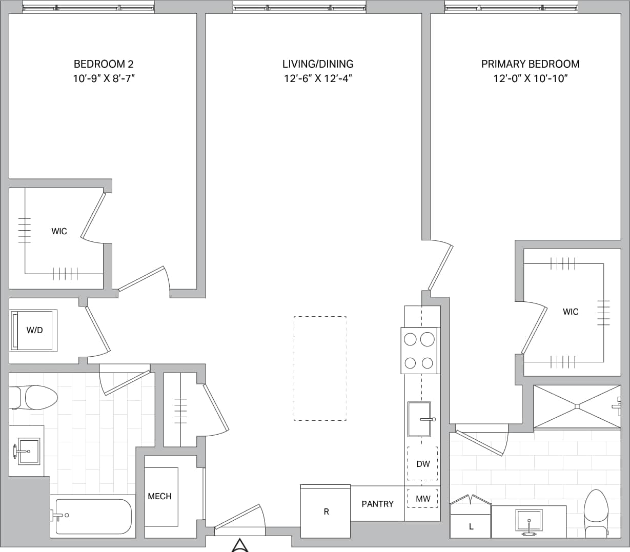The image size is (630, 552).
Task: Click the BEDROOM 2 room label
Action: (x=104, y=64)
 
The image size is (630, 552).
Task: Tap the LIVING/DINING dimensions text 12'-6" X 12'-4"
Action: (x=318, y=78)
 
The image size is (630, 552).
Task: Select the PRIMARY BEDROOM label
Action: (x=530, y=64)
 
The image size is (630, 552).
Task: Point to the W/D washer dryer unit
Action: (x=34, y=330)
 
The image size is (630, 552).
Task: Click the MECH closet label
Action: (x=159, y=496)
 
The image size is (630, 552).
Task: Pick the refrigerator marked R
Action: (x=326, y=512)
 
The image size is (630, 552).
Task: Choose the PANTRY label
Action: (x=377, y=504)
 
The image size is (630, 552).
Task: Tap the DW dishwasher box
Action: (x=422, y=464)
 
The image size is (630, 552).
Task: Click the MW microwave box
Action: (x=422, y=499)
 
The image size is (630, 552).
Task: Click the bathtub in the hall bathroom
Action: (x=92, y=516)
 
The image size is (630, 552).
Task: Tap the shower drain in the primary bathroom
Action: (x=577, y=406)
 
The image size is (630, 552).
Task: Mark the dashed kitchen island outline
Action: (x=320, y=368)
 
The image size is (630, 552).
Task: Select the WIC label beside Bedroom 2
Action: (x=59, y=232)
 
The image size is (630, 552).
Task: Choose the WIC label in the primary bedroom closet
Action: (x=570, y=312)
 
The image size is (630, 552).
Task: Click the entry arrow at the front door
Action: (x=240, y=545)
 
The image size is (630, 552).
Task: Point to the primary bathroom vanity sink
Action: (x=529, y=522)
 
